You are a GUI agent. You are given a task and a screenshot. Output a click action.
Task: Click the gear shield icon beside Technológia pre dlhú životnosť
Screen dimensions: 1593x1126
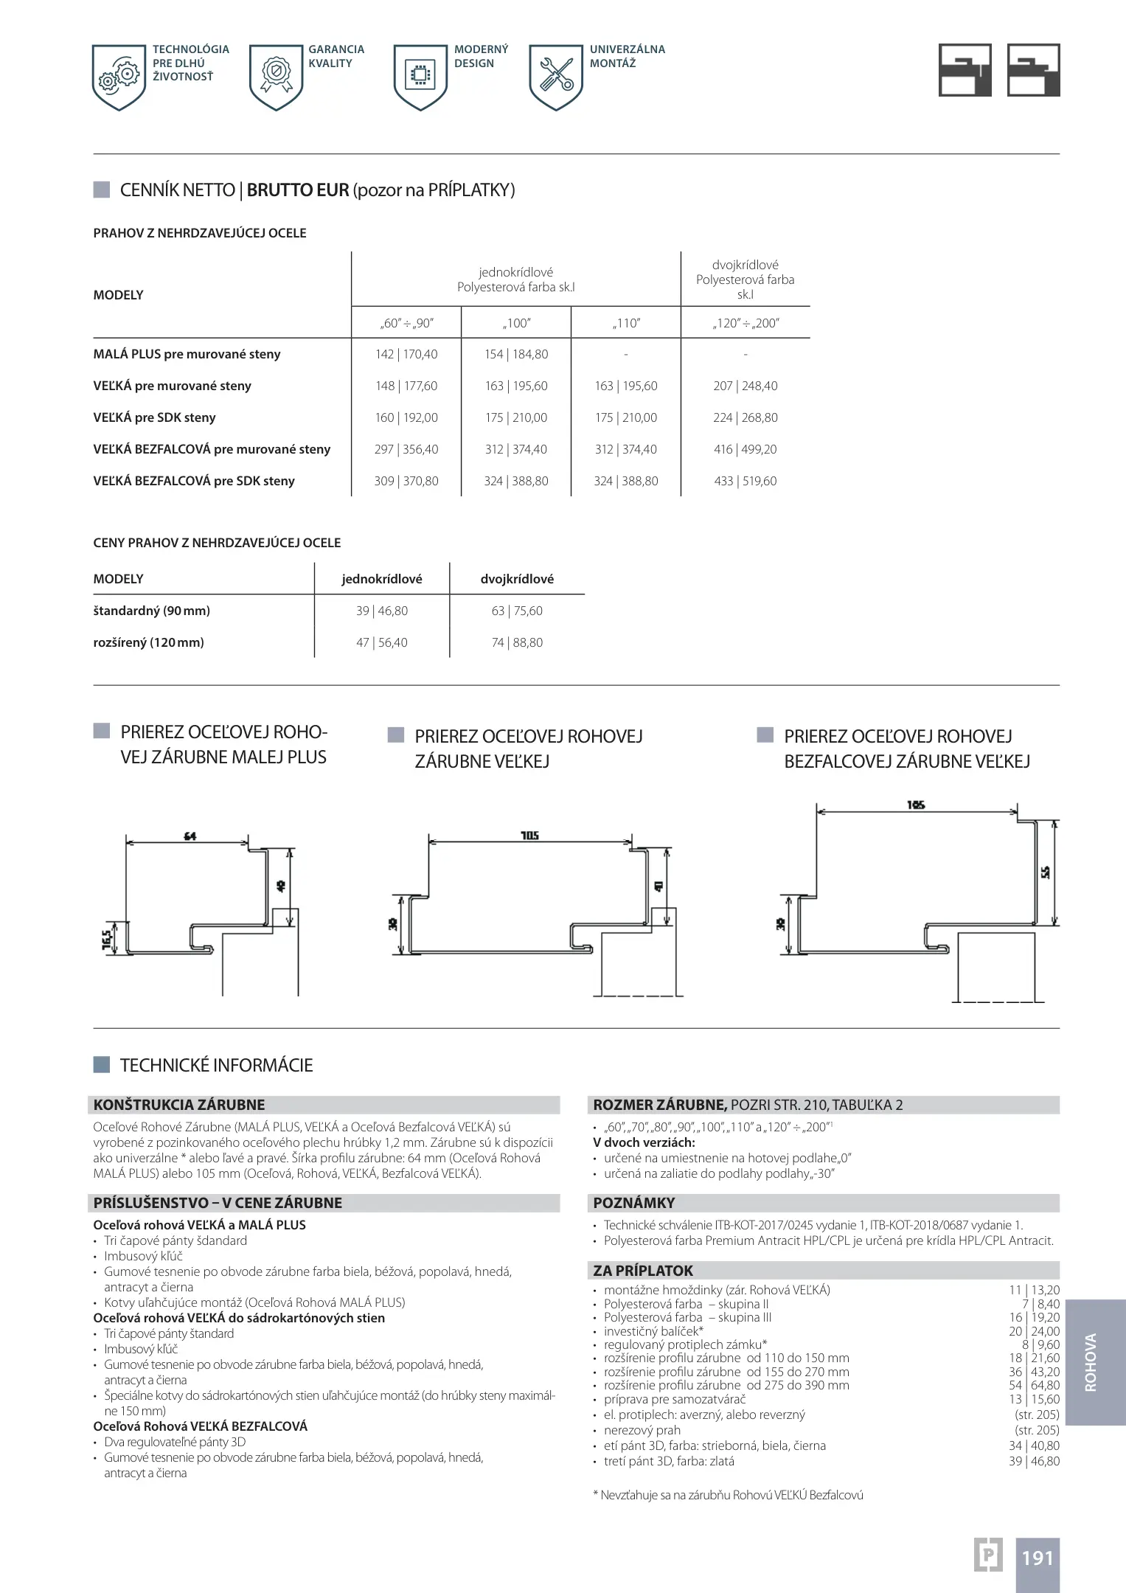[x=119, y=77]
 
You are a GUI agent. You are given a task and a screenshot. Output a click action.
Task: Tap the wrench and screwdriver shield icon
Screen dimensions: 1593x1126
[x=556, y=77]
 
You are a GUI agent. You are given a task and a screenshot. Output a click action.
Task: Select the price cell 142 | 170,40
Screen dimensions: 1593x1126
[x=406, y=354]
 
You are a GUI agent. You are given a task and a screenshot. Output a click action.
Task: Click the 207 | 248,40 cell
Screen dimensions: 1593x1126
[x=745, y=386]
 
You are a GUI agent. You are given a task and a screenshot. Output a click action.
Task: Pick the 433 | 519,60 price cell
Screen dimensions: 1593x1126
[x=745, y=481]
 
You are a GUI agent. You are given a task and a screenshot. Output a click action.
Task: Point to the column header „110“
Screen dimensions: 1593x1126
[x=625, y=323]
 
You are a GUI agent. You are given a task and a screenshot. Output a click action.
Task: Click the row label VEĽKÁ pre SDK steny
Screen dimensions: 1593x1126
[x=154, y=417]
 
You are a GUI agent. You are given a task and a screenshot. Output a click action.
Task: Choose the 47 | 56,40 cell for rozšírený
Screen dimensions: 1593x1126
[x=381, y=642]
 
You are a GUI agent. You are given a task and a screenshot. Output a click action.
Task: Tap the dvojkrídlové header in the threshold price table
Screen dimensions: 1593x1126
[x=516, y=579]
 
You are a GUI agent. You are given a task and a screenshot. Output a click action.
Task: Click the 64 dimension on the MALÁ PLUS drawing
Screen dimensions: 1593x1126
[x=190, y=836]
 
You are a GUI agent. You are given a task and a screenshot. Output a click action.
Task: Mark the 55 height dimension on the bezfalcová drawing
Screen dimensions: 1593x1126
[x=1045, y=872]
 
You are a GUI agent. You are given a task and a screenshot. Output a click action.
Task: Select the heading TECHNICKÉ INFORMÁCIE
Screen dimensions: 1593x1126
[x=216, y=1065]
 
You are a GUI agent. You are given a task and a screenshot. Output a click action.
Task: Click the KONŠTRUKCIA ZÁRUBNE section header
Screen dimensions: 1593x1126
[x=178, y=1105]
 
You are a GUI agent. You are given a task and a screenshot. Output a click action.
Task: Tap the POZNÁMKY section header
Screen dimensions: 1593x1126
[x=633, y=1203]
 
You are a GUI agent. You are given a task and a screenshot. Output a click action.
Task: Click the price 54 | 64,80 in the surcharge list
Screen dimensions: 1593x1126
[x=1033, y=1385]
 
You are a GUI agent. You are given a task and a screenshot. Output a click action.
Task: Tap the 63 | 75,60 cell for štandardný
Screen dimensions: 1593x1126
[x=516, y=611]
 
